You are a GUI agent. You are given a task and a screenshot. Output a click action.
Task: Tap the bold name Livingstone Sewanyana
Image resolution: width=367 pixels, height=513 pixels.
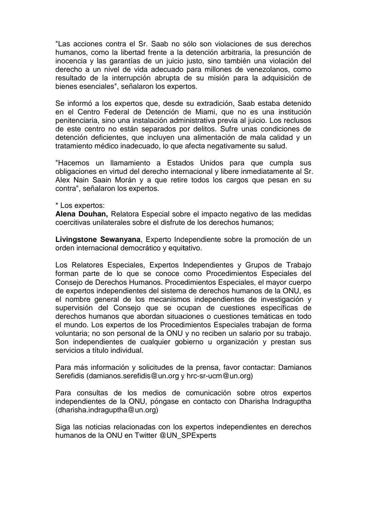coord(98,239)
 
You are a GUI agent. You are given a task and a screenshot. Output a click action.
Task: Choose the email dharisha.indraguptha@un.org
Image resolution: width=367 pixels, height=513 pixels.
coord(107,410)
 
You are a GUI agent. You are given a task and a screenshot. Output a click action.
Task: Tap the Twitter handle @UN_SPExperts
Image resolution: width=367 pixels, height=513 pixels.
coord(188,435)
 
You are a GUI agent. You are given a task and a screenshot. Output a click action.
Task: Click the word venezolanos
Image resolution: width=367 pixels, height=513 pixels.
coord(262,69)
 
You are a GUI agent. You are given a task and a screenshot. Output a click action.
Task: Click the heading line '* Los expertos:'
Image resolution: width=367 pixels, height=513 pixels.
coord(80,205)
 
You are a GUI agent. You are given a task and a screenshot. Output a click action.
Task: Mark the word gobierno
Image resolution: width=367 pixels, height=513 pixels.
coord(189,342)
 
